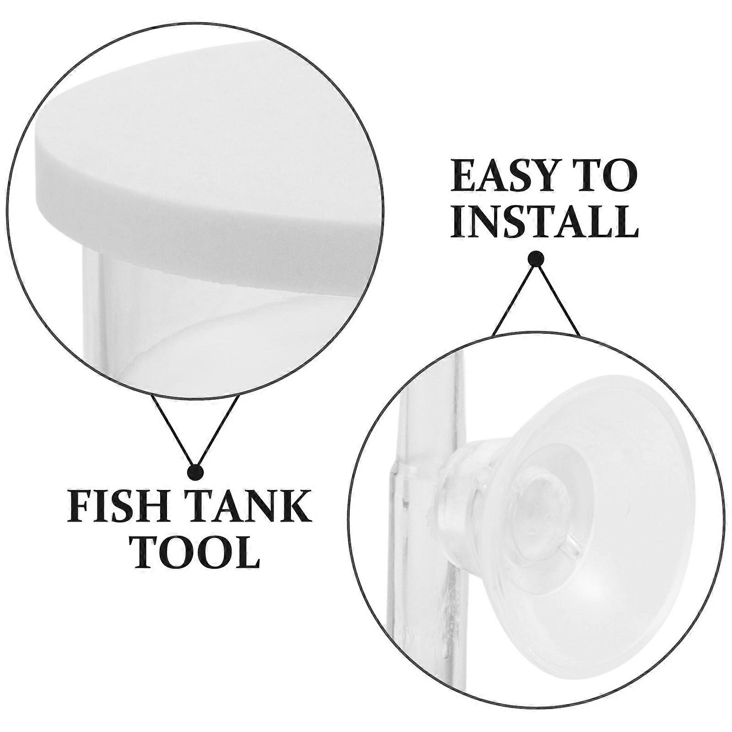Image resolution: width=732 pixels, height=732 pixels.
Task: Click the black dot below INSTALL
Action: tap(536, 259)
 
